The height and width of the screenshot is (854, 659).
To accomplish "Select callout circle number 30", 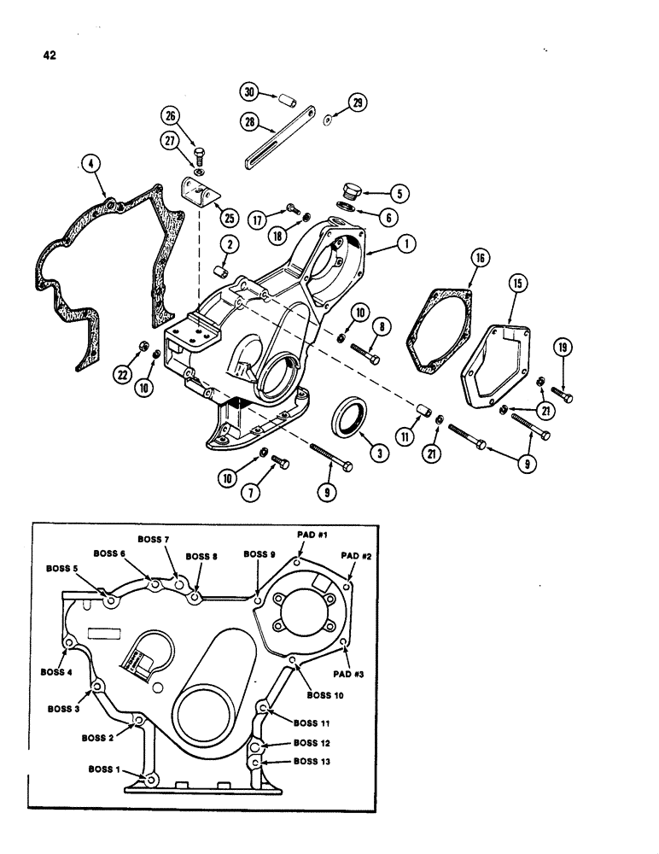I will click(x=249, y=92).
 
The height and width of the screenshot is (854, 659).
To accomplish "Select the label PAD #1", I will click(x=311, y=534).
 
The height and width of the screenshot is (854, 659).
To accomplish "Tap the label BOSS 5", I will click(x=63, y=568).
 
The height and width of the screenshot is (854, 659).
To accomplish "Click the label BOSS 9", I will click(x=260, y=554).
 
